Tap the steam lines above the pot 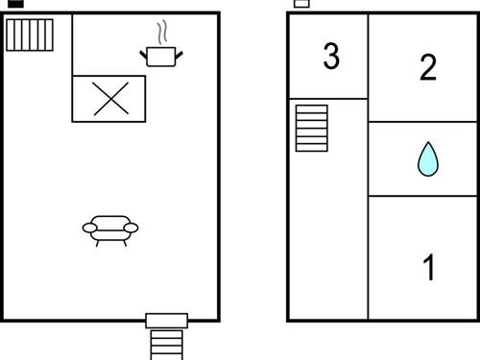tap(162, 31)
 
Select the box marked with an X tap(109, 98)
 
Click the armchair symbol tap(110, 228)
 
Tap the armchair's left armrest tap(89, 228)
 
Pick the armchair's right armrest tap(132, 228)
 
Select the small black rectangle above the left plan tap(15, 4)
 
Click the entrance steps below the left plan tap(166, 344)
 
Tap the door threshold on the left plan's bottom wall tap(166, 321)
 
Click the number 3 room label tap(331, 57)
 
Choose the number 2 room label tap(428, 66)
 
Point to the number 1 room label tap(429, 268)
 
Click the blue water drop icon tap(426, 159)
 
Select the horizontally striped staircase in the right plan tap(311, 128)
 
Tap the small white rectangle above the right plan tap(301, 4)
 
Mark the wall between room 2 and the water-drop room tap(423, 122)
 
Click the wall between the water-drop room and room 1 tap(423, 196)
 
